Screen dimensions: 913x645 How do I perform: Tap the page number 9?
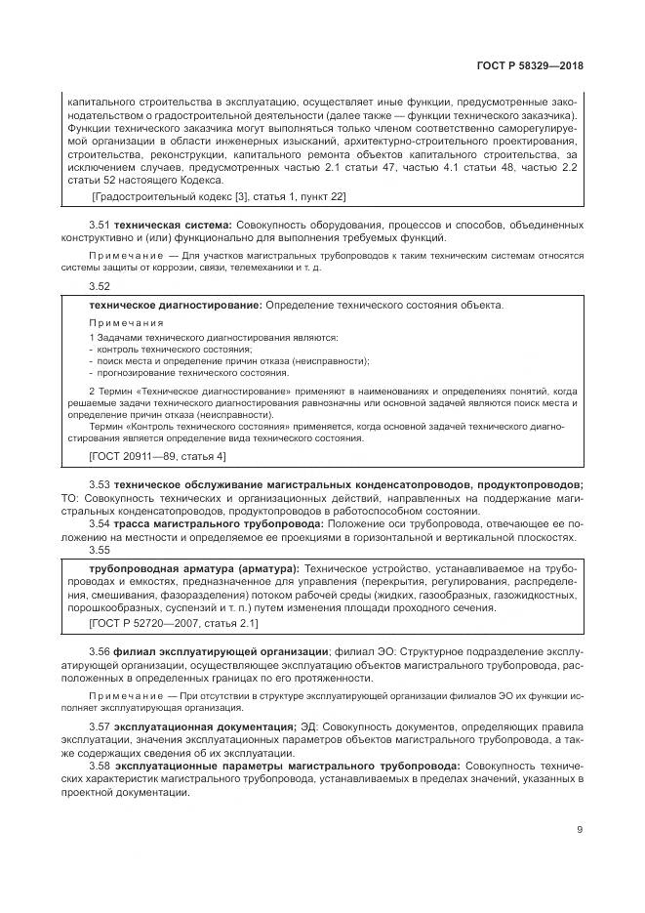coord(580,831)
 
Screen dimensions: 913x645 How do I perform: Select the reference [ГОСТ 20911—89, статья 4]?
coord(156,456)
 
